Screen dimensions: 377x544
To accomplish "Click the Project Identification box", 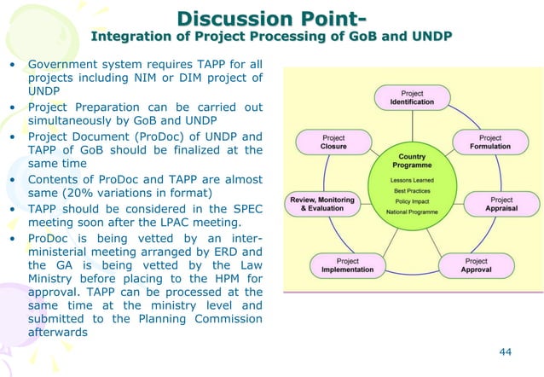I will click(x=412, y=96).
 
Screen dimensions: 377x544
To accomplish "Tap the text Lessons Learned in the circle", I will click(x=412, y=181).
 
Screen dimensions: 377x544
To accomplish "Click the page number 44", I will click(x=506, y=351).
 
